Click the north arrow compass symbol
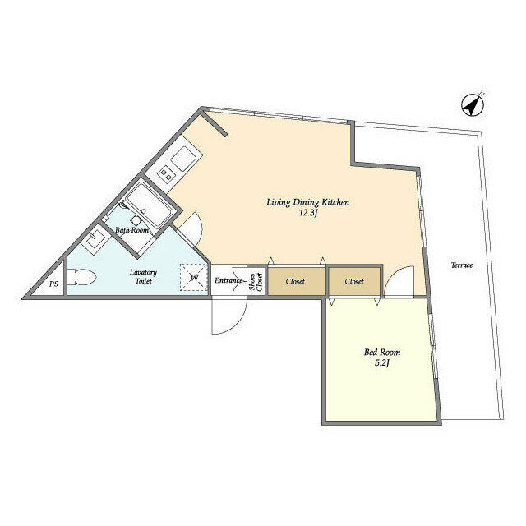coord(472,105)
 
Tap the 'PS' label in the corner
coord(53,284)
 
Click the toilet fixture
coord(85,279)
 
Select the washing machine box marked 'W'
coord(194,277)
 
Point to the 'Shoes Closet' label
coord(256,281)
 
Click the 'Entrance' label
coord(228,281)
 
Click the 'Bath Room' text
coord(131,231)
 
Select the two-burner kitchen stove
coord(168,173)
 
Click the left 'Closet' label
coord(295,282)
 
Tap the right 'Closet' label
coord(354,282)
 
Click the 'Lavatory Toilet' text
coord(143,276)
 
